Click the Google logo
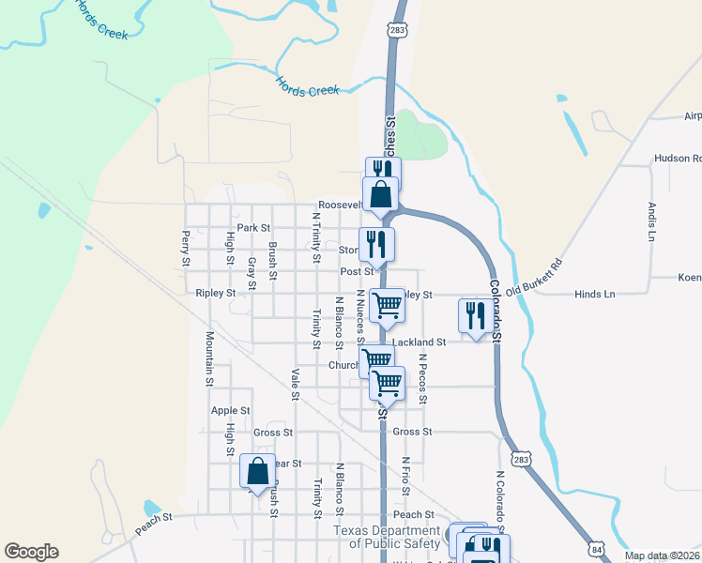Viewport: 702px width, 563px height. [31, 552]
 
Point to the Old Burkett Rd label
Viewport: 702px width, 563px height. [532, 278]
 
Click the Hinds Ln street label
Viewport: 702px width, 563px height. [595, 294]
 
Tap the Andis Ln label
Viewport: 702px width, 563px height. [649, 222]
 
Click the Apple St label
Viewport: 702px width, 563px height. [230, 411]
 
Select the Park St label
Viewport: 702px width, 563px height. [253, 228]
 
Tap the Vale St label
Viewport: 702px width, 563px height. [295, 384]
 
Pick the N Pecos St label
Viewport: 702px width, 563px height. [423, 378]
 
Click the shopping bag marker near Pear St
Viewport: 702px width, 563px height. [257, 471]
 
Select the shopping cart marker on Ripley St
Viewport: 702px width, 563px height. [386, 306]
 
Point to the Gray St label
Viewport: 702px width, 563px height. [252, 269]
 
